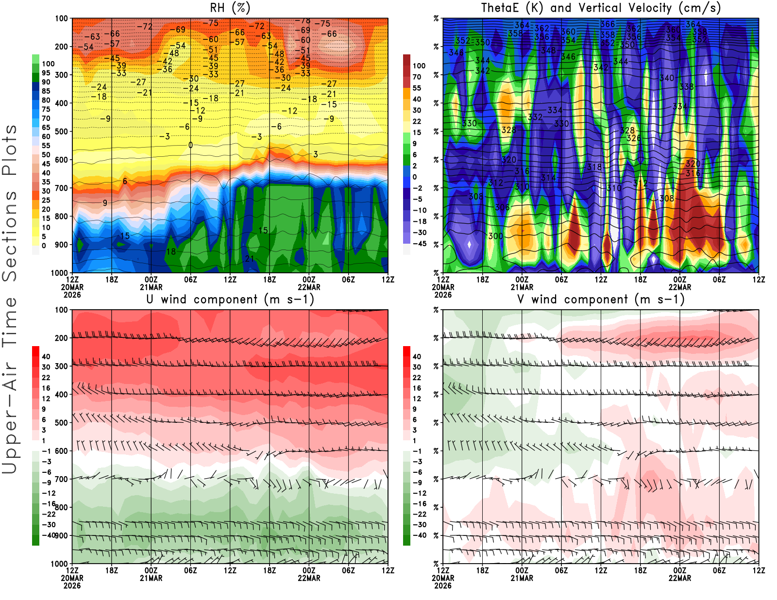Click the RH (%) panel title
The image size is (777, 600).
pos(230,8)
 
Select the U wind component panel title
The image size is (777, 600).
pos(230,299)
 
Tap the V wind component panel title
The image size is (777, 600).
pos(601,299)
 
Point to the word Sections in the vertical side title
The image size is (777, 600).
pos(10,235)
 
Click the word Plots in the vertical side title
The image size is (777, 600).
pos(10,150)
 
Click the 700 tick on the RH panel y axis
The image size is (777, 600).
pos(62,188)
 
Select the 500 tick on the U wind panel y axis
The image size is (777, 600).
pos(62,423)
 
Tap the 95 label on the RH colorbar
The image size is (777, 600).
pos(46,73)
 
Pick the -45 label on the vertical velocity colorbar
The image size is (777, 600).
pos(419,244)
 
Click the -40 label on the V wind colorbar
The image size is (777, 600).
pos(419,535)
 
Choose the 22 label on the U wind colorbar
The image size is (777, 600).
pos(46,378)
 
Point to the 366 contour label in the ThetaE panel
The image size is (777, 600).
pos(608,24)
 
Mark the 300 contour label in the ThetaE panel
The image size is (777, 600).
pos(495,236)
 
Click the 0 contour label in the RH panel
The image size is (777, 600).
pos(190,145)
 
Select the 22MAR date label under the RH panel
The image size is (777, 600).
pos(309,287)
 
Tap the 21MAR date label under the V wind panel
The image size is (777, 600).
pos(522,578)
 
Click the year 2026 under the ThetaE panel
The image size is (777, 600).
pos(443,295)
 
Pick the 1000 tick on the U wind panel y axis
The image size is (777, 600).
pos(60,564)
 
